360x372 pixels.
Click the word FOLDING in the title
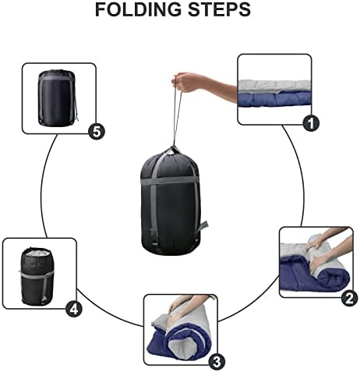click(x=138, y=9)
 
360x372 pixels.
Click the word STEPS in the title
click(x=219, y=9)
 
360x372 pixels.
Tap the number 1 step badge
click(x=311, y=124)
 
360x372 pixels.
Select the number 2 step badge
click(x=349, y=298)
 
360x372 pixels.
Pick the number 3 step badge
click(x=217, y=362)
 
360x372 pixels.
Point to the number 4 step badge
click(x=74, y=309)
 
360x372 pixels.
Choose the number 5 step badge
click(x=97, y=132)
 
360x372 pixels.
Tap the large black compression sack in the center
click(x=171, y=203)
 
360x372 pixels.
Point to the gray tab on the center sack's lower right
click(x=203, y=227)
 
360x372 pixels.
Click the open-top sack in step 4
click(x=37, y=277)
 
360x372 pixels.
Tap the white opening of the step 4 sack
click(x=37, y=253)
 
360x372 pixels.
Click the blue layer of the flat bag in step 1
click(x=274, y=100)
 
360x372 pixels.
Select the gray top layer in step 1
click(x=274, y=86)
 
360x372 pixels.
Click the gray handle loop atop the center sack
click(x=174, y=151)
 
